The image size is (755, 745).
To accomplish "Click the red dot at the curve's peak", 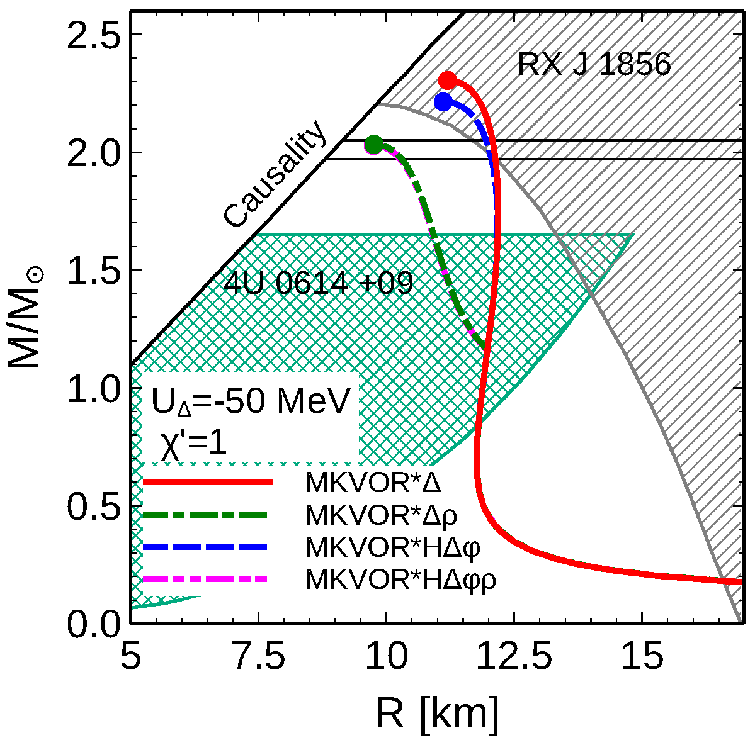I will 447,81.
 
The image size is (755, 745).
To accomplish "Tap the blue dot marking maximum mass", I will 443,102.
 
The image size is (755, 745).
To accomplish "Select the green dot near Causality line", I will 374,145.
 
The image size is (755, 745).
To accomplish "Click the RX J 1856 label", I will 594,64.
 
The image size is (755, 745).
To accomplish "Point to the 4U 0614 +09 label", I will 319,284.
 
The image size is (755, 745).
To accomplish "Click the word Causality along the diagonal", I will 276,176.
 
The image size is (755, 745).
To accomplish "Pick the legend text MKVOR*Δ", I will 373,483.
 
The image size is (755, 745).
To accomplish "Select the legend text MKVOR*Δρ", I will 381,515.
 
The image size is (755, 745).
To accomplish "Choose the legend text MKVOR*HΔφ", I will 393,547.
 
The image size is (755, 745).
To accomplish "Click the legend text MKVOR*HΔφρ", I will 400,580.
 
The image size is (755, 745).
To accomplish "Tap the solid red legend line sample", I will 207,483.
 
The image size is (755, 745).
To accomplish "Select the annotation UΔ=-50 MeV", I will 250,403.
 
